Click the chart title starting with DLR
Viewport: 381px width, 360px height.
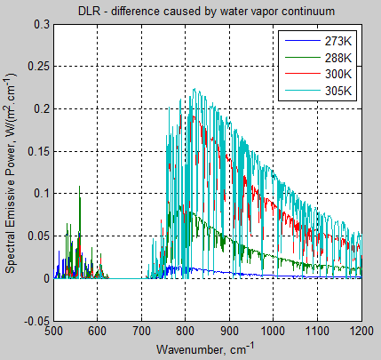pyautogui.click(x=206, y=11)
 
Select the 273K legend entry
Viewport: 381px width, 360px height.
pyautogui.click(x=337, y=41)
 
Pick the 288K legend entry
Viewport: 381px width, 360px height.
pyautogui.click(x=337, y=57)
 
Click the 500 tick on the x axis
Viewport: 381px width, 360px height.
pyautogui.click(x=53, y=332)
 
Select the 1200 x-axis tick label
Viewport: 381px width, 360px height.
pyautogui.click(x=360, y=332)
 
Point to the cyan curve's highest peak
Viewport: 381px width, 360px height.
pyautogui.click(x=193, y=90)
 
